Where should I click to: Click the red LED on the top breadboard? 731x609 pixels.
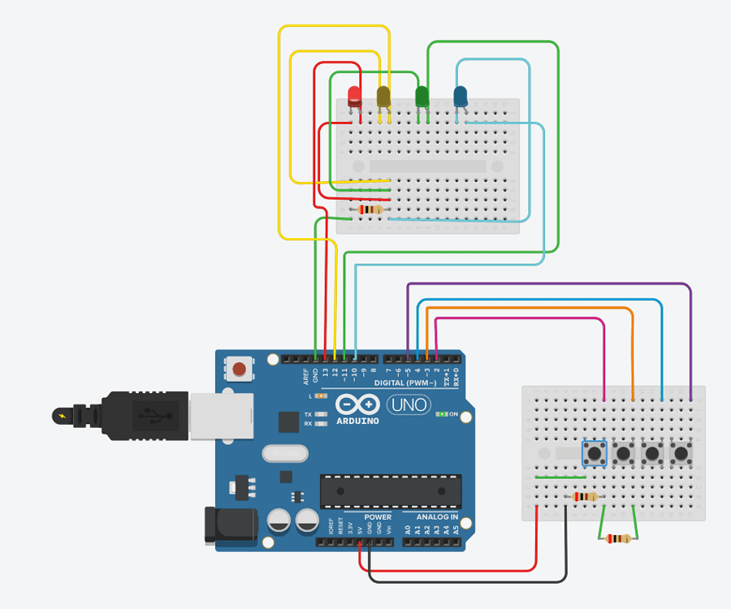pyautogui.click(x=355, y=97)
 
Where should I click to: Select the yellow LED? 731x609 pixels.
pyautogui.click(x=383, y=97)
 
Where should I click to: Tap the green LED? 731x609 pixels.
pyautogui.click(x=422, y=97)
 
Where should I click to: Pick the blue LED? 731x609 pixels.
pyautogui.click(x=461, y=97)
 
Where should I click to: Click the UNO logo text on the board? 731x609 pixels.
pyautogui.click(x=407, y=404)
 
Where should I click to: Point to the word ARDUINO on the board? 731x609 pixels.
pyautogui.click(x=357, y=421)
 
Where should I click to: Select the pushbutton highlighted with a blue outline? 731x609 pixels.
pyautogui.click(x=595, y=453)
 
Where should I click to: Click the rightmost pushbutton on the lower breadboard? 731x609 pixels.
pyautogui.click(x=681, y=453)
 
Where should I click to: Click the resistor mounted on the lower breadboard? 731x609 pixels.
pyautogui.click(x=585, y=497)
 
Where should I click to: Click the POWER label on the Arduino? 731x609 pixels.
pyautogui.click(x=378, y=517)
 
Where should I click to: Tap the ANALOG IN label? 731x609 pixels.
pyautogui.click(x=437, y=517)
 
